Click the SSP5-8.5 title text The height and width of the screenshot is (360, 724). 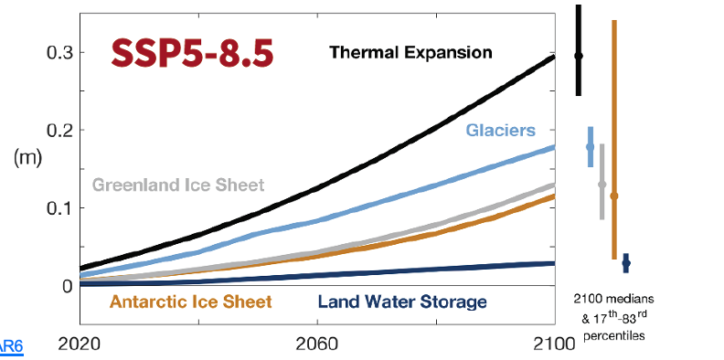pos(191,53)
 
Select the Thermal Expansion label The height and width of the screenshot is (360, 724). pos(410,52)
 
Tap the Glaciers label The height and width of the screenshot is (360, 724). pos(500,131)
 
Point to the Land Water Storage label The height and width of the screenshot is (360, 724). pos(401,302)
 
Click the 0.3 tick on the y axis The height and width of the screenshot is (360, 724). pos(59,52)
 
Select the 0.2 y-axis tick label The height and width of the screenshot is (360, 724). pos(59,130)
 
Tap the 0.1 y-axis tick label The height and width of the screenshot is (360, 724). pos(59,207)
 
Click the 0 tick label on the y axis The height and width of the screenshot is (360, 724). pos(67,285)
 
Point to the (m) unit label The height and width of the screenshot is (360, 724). pos(27,156)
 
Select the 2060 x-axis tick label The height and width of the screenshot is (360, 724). pos(316,346)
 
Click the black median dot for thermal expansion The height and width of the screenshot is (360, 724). pos(578,56)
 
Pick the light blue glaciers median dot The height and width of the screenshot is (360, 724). pos(590,147)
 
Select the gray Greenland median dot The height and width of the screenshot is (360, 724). pos(602,185)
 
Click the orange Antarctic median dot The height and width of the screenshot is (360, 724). pos(613,196)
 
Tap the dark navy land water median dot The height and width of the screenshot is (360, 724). pos(626,263)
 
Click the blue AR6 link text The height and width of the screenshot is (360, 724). pos(11,346)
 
